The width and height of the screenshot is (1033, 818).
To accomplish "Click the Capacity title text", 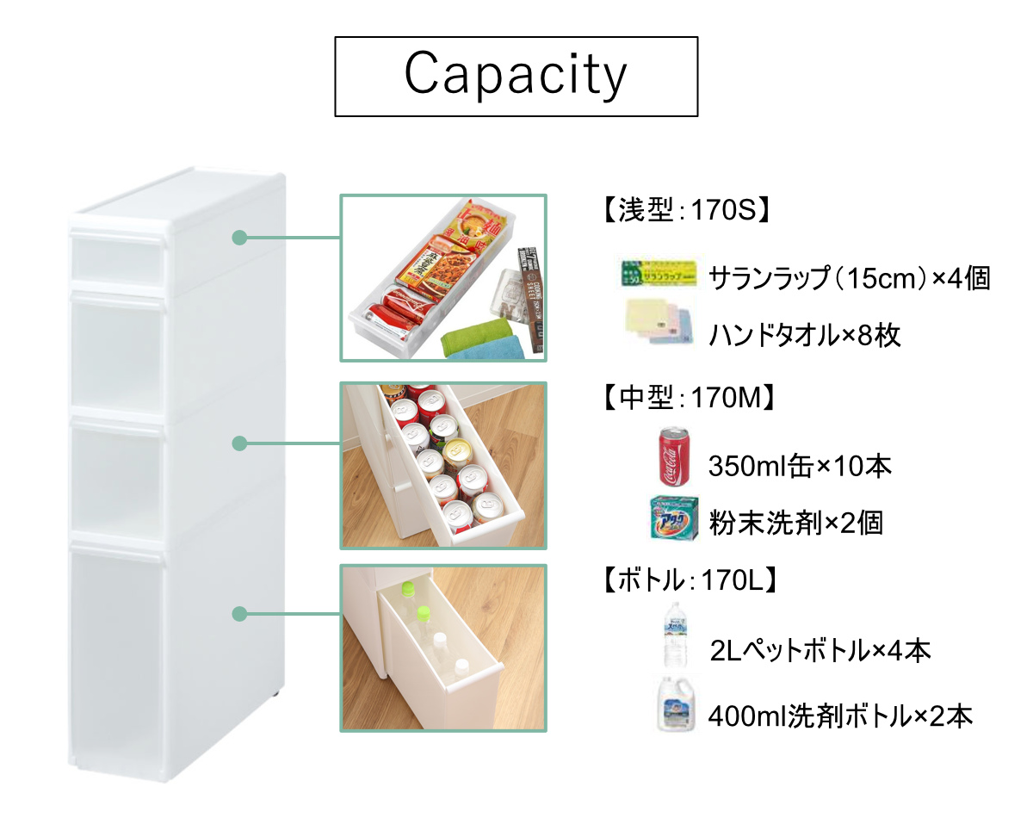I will point(516,76).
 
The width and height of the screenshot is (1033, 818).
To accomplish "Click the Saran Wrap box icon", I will point(659,273).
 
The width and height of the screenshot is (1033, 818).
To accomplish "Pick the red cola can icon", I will point(672,456).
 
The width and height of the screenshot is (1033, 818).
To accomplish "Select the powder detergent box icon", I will point(673,517).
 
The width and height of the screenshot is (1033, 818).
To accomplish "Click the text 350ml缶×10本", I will point(799,468).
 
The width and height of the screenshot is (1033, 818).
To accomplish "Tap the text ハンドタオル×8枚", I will point(804,335).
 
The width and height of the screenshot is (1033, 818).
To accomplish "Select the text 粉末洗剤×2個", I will point(795,523).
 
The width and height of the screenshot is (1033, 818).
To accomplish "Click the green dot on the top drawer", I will point(240,237).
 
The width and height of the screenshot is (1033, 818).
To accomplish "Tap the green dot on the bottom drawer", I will point(240,614).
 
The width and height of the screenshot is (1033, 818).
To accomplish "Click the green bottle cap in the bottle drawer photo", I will point(423,612).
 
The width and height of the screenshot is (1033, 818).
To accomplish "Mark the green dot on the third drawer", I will point(240,443).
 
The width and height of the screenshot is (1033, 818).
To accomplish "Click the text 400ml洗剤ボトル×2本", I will point(840,716).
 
